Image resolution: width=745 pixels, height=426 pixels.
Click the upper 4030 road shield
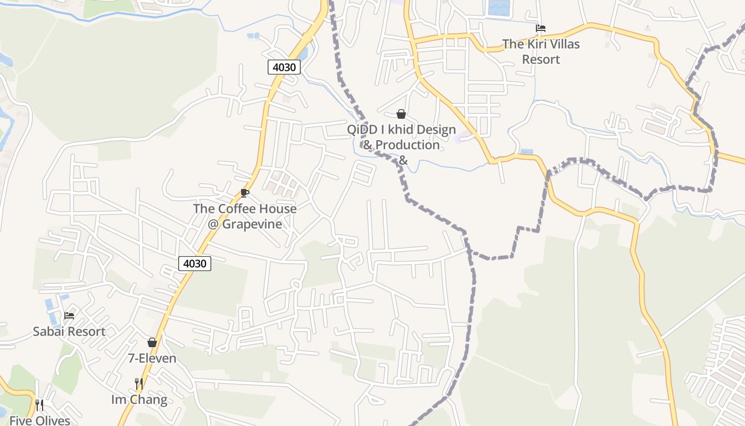(284, 67)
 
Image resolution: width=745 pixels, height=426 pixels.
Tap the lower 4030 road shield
(195, 263)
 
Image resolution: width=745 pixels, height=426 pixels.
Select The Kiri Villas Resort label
(541, 52)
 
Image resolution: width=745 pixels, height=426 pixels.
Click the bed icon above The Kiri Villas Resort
(541, 28)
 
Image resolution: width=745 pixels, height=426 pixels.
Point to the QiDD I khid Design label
(401, 129)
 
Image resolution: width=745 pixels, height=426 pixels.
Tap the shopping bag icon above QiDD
(401, 114)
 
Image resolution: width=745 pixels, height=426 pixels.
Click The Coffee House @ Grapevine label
(245, 216)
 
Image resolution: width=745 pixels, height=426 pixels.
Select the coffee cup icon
(245, 193)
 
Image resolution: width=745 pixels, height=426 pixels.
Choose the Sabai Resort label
(69, 331)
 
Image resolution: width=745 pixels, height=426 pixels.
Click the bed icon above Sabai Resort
(69, 315)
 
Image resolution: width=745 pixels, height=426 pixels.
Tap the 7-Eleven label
(152, 358)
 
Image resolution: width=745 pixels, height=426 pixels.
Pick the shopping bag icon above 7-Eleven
(152, 342)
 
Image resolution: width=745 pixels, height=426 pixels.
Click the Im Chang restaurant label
(139, 399)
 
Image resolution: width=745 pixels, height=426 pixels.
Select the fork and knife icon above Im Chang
(139, 383)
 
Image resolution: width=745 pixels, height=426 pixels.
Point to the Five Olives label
(40, 421)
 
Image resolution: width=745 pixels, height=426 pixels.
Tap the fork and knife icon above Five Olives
(39, 405)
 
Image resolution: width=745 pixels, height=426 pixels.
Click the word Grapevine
(252, 224)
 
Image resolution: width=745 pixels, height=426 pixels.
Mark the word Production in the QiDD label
(408, 145)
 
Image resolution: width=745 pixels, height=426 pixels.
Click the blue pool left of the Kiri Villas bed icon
(499, 7)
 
